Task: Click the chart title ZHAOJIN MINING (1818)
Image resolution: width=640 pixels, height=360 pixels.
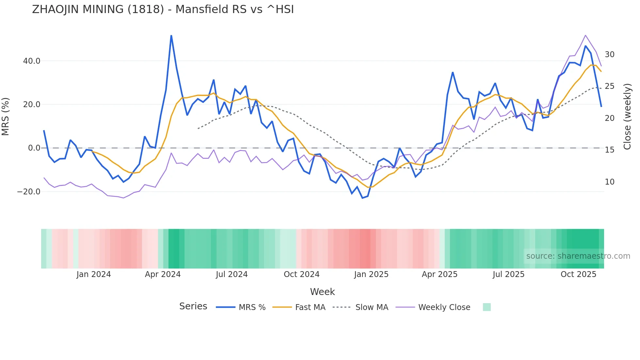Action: click(163, 9)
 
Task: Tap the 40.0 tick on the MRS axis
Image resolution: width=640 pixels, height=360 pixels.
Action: click(32, 61)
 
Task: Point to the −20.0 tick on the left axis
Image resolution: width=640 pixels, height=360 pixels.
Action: click(29, 192)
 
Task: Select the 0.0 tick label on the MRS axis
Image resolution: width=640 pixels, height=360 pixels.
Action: click(34, 148)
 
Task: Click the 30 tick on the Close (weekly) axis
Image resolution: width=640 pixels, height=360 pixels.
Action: click(609, 55)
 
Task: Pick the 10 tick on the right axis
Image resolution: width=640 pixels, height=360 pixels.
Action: click(609, 182)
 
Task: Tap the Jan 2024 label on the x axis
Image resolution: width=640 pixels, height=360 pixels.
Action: click(94, 274)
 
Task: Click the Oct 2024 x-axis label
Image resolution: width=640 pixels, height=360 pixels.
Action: click(301, 274)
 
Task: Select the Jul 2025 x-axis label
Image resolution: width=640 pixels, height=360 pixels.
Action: click(508, 274)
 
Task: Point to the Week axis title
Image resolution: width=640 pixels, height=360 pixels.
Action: click(322, 292)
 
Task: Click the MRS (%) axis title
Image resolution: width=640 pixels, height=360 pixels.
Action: click(6, 116)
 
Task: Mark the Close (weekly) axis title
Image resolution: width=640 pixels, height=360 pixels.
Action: click(627, 116)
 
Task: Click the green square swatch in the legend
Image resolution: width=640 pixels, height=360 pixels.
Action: click(487, 307)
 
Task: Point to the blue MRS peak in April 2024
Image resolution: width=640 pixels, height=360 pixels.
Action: click(171, 35)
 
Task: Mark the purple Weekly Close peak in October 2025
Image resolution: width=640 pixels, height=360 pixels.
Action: click(585, 35)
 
